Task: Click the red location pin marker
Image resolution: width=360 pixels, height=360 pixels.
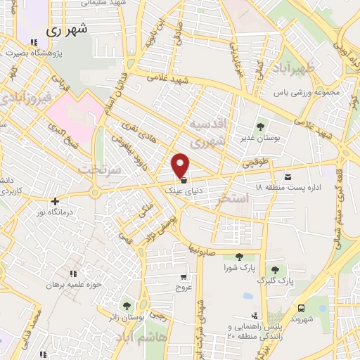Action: (181, 165)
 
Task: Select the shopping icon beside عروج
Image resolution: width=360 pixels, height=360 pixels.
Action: (184, 276)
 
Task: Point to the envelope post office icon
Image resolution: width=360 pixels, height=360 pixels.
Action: (288, 177)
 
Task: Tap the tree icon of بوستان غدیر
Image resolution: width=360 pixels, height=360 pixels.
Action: (261, 127)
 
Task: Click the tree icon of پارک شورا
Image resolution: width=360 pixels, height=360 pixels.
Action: (239, 257)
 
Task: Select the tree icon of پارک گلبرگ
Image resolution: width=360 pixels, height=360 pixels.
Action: (275, 270)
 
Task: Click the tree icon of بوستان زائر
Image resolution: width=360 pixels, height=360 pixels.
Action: (126, 306)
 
